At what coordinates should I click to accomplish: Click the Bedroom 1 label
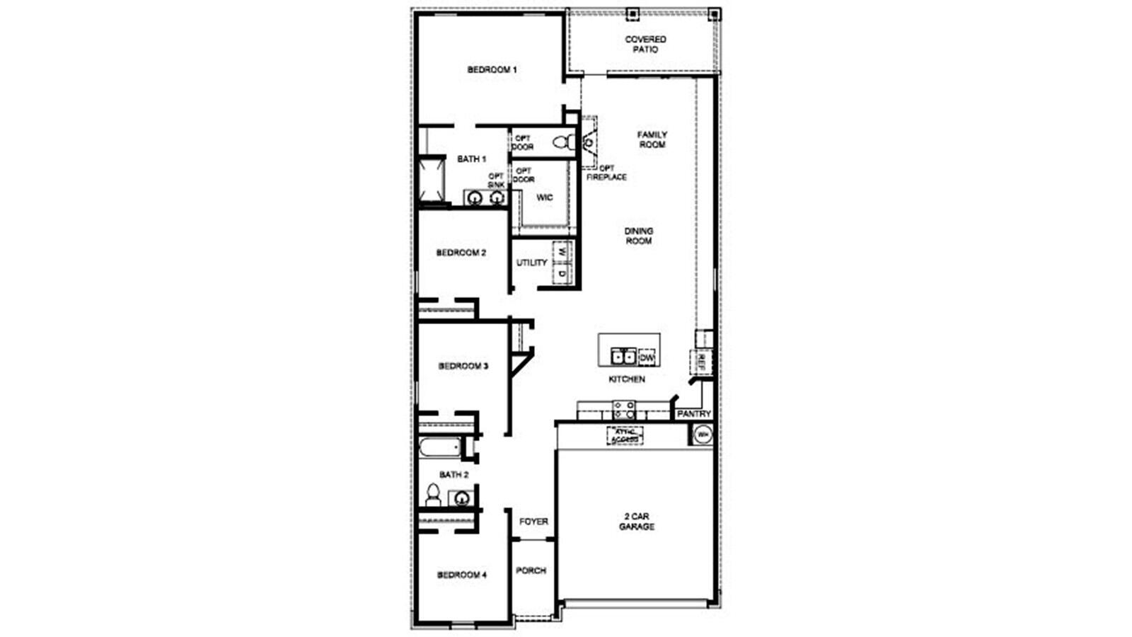point(492,70)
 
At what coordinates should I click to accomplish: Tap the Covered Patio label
point(645,45)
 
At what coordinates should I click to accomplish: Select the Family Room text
point(652,139)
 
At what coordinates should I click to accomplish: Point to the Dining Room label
point(638,236)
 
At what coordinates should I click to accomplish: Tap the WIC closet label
point(544,197)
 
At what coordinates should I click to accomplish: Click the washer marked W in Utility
point(562,251)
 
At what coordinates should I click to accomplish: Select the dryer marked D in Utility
point(562,272)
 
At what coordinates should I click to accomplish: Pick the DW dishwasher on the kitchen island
point(647,357)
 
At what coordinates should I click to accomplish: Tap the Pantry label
point(693,414)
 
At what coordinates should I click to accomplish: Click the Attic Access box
point(625,435)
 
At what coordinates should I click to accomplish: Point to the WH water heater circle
point(702,435)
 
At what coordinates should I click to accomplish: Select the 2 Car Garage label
point(637,522)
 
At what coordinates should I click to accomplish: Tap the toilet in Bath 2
point(432,495)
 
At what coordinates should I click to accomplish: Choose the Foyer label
point(533,522)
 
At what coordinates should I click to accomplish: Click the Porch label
point(531,570)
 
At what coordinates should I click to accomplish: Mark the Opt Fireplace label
point(606,173)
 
